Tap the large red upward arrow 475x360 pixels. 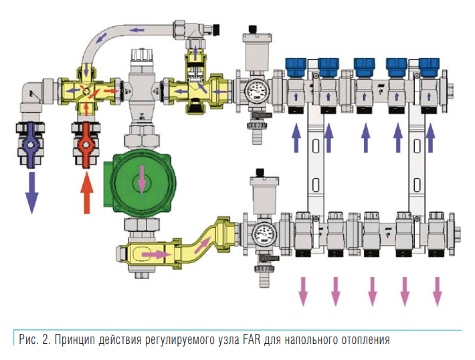point(86,191)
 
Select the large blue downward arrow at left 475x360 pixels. point(31,192)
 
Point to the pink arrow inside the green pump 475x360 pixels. point(142,179)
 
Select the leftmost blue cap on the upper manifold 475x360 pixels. point(294,65)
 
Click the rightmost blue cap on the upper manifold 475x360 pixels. point(429,65)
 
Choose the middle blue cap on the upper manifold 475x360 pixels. point(363,65)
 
